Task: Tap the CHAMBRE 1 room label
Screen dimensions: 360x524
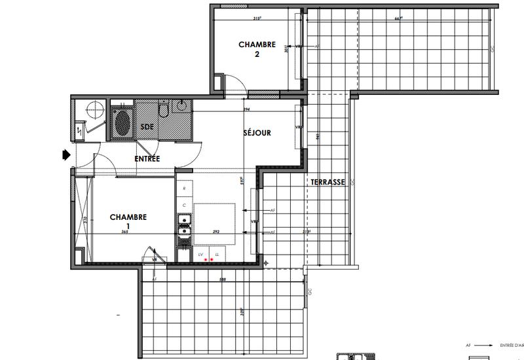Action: pos(128,221)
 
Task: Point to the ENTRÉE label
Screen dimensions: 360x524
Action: pos(147,158)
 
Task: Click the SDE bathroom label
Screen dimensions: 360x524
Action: pos(147,126)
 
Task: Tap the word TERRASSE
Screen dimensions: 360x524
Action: pos(327,182)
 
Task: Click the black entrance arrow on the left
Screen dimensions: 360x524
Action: pos(66,155)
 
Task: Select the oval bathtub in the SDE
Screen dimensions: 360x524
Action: pos(122,122)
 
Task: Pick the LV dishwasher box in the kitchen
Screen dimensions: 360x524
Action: pos(201,254)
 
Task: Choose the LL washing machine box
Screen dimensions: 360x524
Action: pos(217,254)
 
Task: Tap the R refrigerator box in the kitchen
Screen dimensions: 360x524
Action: pos(185,189)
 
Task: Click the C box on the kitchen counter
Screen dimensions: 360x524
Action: pos(185,206)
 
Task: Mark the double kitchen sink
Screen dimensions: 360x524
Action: pos(185,226)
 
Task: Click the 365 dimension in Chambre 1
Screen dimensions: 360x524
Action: pos(123,232)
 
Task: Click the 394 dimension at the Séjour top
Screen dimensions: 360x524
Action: pos(247,109)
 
